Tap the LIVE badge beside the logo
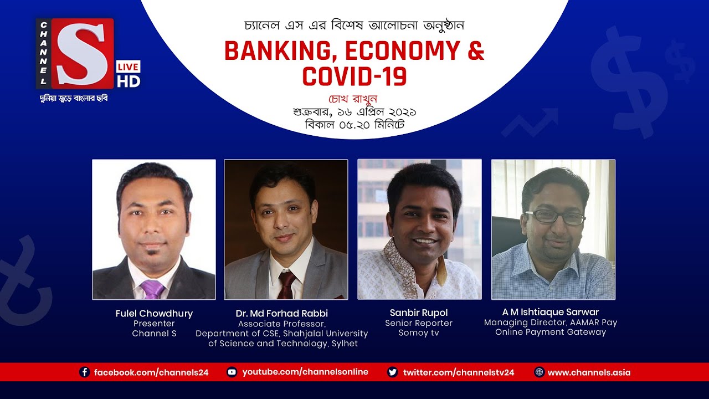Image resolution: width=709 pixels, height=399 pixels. tap(129, 67)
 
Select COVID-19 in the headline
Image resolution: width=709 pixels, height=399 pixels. tap(354, 76)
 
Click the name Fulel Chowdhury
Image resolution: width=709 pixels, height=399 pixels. tap(154, 314)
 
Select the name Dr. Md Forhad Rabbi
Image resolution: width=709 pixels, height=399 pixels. tap(282, 314)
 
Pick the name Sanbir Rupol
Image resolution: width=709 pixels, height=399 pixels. tap(419, 313)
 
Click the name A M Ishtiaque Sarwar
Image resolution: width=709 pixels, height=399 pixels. tap(551, 312)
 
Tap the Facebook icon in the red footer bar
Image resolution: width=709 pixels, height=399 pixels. tap(85, 372)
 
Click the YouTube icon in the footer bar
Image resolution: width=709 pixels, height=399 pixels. tap(232, 372)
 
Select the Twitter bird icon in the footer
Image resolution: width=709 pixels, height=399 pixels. tap(393, 372)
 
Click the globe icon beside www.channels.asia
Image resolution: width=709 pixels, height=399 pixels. tap(539, 372)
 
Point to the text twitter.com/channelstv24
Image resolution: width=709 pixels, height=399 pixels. tap(459, 372)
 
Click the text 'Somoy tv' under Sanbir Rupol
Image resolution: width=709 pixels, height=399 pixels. tap(419, 333)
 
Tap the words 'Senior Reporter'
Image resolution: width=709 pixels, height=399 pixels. tap(419, 323)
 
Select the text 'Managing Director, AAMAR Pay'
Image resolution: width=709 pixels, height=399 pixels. tap(551, 323)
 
